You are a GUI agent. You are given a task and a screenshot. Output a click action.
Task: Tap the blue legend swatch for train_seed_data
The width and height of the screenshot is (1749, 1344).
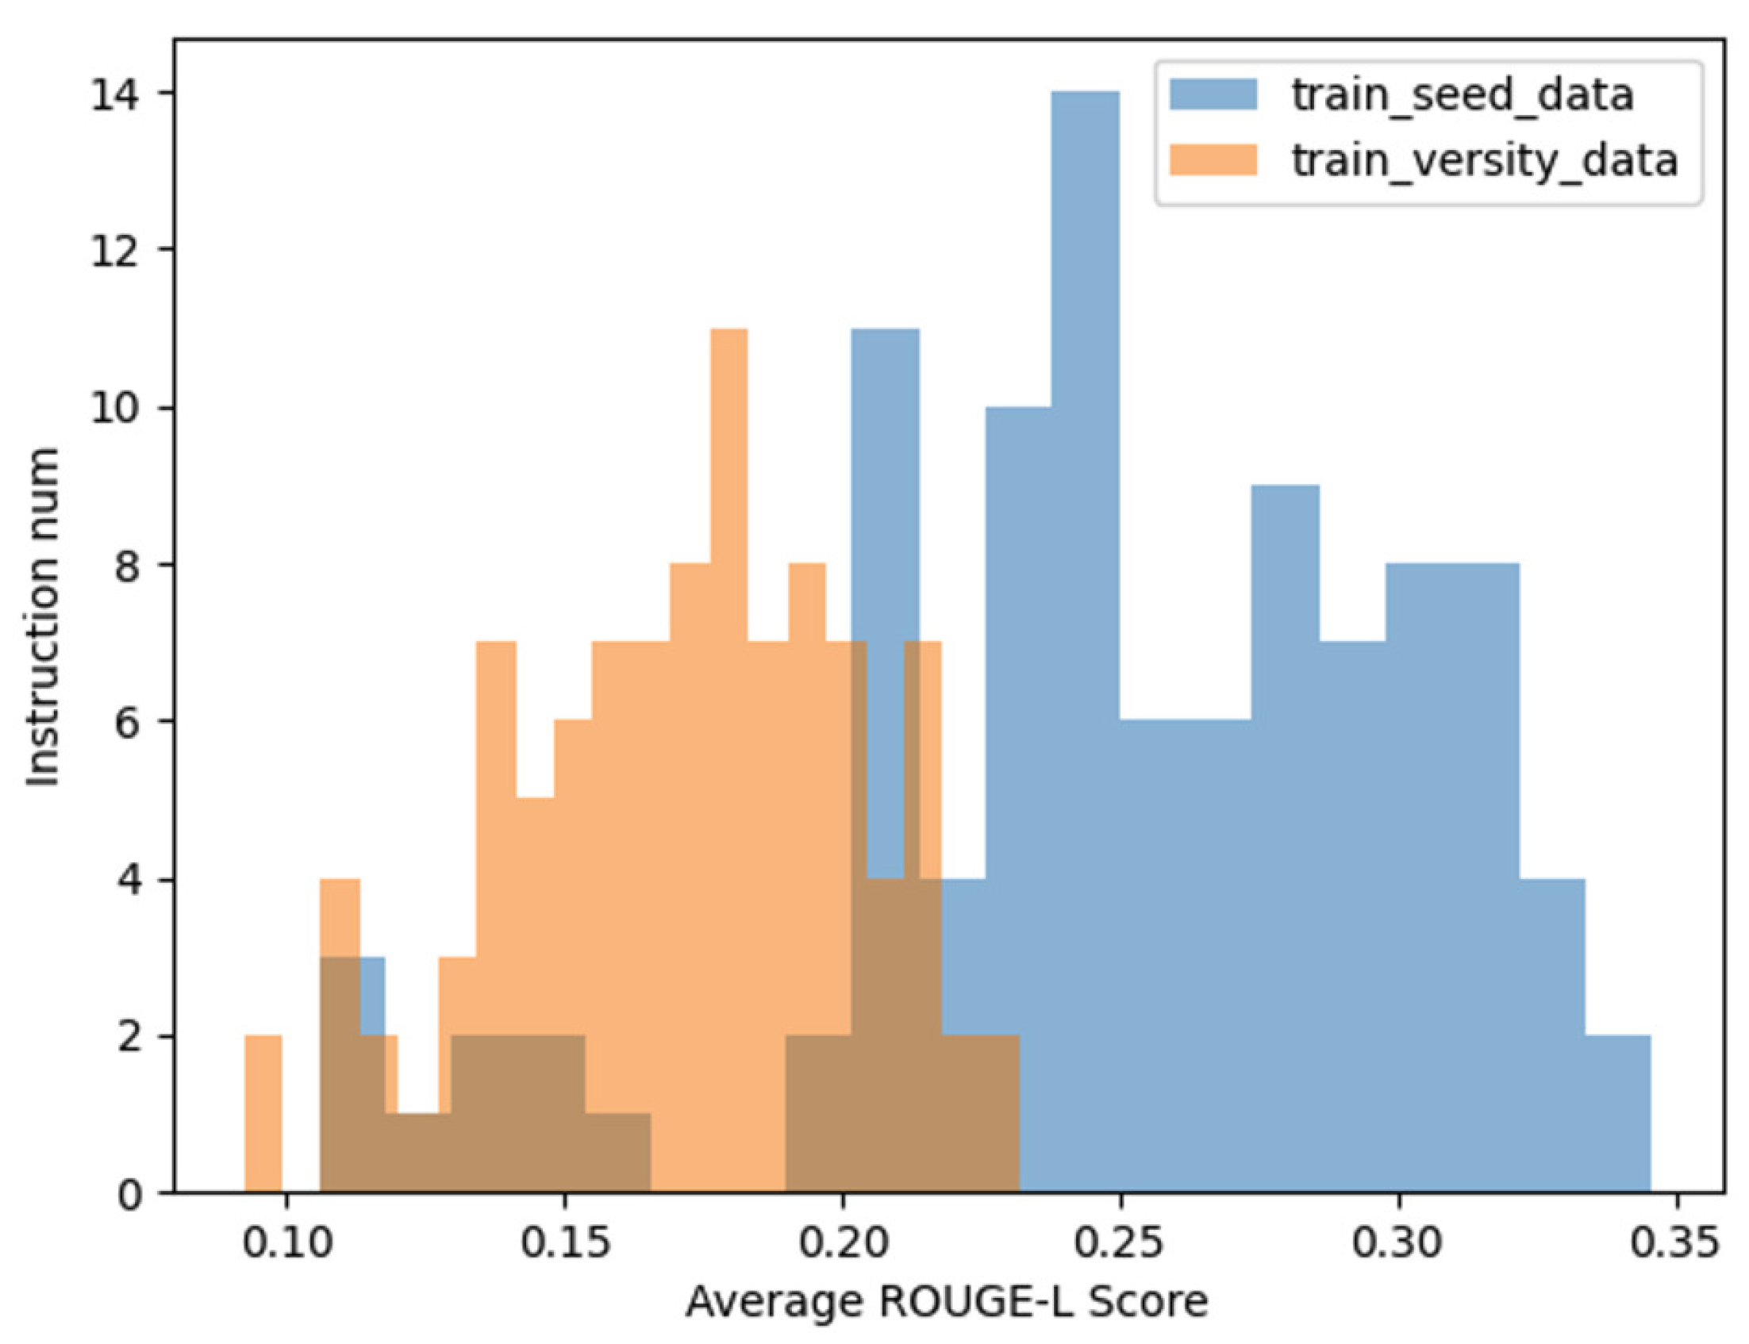pyautogui.click(x=1213, y=94)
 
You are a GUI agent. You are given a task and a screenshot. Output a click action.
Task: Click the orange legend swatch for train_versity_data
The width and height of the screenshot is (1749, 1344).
pyautogui.click(x=1213, y=160)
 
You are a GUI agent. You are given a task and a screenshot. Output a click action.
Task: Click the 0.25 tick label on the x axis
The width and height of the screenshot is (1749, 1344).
pyautogui.click(x=1121, y=1244)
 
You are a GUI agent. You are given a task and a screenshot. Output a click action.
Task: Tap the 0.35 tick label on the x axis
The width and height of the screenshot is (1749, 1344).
pyautogui.click(x=1677, y=1244)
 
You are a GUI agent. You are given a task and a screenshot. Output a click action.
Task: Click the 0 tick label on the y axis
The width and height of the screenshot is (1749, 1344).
pyautogui.click(x=128, y=1193)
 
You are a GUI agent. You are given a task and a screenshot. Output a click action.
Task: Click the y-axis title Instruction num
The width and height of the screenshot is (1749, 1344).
pyautogui.click(x=44, y=616)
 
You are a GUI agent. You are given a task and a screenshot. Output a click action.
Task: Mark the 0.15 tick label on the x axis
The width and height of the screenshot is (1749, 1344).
pyautogui.click(x=564, y=1244)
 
